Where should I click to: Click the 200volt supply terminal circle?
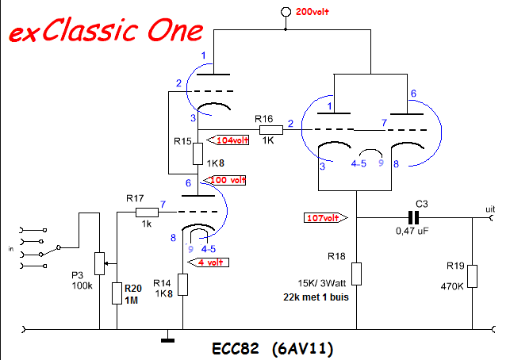tap(286, 12)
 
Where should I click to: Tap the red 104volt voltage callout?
tap(228, 140)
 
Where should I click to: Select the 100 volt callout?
tap(224, 180)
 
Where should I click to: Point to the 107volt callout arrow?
tap(325, 218)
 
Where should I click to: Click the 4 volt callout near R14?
tap(208, 262)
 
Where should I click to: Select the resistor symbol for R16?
tap(271, 130)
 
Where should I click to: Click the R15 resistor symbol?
tap(197, 154)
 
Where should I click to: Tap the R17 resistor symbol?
tap(147, 213)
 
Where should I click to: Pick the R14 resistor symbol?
tap(182, 285)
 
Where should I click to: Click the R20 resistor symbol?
tap(117, 293)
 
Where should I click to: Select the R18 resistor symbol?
tap(356, 274)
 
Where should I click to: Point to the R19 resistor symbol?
tap(472, 277)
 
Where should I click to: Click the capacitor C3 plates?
tap(413, 217)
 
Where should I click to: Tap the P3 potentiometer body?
tap(99, 263)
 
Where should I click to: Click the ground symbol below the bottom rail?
tap(168, 340)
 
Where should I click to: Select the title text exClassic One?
tap(106, 30)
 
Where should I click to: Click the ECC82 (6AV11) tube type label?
tap(273, 349)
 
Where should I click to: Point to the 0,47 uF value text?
tap(412, 231)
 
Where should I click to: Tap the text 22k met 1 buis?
tap(316, 297)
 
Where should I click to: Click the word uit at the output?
tap(490, 209)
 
